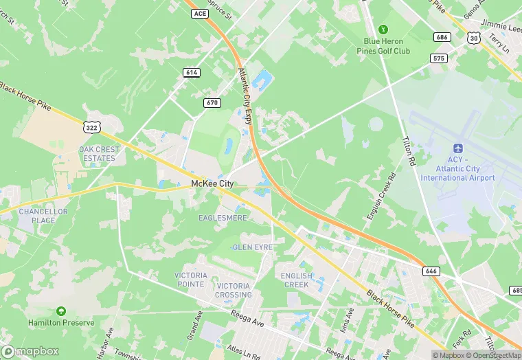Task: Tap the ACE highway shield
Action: pos(200,13)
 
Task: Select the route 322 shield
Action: pos(91,126)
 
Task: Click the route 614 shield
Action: pos(192,72)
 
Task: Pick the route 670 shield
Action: pos(212,102)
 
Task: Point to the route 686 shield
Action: pos(441,36)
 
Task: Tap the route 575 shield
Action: pos(439,58)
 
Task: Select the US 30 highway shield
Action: pos(473,39)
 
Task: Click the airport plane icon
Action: pos(457,149)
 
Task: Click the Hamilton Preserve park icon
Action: pos(60,311)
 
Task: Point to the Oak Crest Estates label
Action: pos(98,153)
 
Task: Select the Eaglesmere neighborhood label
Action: pos(222,218)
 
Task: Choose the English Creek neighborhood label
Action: pos(296,280)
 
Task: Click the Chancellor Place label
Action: pos(43,216)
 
